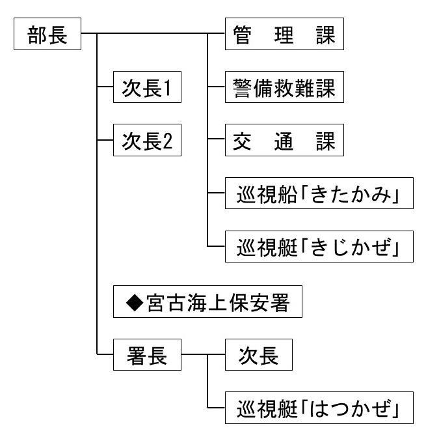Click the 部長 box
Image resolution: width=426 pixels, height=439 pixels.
47,35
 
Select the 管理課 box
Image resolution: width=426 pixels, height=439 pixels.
284,35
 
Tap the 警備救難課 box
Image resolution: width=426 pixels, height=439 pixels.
284,89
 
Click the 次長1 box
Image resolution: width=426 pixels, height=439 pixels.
146,89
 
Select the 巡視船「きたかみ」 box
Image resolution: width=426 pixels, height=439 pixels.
319,195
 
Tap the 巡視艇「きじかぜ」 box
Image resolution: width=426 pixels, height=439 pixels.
319,248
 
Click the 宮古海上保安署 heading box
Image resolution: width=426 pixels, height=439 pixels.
207,303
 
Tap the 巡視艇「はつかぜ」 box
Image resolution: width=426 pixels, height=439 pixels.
319,410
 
